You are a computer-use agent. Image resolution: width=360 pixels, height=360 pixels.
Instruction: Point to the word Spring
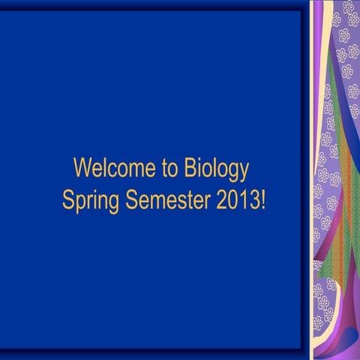coord(86,202)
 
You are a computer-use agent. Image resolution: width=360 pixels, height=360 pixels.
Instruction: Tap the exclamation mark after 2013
coord(262,200)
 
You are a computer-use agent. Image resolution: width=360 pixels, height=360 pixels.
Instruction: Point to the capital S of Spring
coord(67,200)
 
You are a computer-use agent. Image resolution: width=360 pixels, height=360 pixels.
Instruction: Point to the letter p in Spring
coord(79,203)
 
